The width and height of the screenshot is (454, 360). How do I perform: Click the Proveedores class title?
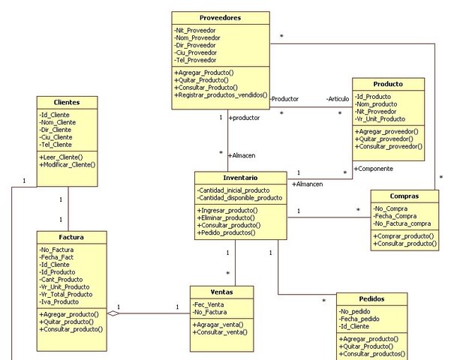pyautogui.click(x=221, y=18)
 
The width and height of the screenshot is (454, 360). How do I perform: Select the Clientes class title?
pyautogui.click(x=68, y=102)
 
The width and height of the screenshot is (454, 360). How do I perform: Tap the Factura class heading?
pyautogui.click(x=71, y=236)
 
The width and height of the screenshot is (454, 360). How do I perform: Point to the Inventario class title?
pyautogui.click(x=240, y=178)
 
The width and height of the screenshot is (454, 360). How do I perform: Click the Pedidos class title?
pyautogui.click(x=371, y=298)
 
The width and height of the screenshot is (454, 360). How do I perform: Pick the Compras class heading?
pyautogui.click(x=404, y=196)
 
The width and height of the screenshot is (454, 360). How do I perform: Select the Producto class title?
pyautogui.click(x=388, y=84)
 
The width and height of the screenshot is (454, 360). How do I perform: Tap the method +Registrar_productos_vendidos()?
pyautogui.click(x=220, y=95)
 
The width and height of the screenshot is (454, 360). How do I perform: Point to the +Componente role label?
pyautogui.click(x=373, y=169)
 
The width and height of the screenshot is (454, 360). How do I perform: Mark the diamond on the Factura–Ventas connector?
pyautogui.click(x=113, y=314)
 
